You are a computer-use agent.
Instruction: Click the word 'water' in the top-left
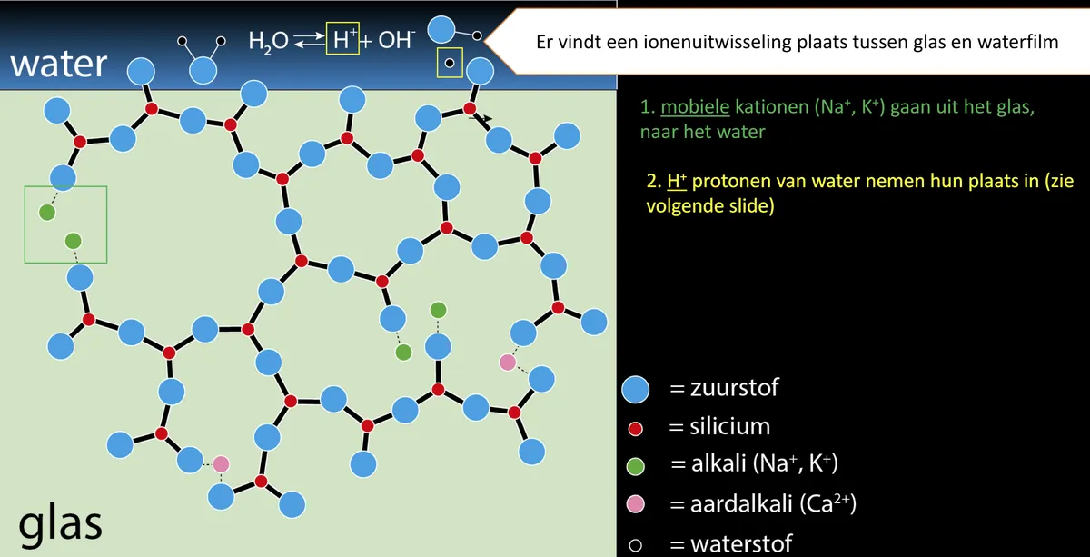[58, 64]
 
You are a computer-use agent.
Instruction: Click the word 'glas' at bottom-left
[60, 524]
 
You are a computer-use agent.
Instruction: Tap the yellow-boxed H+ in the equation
[342, 38]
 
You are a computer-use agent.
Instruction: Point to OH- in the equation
[397, 39]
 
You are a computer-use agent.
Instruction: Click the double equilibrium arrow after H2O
[309, 40]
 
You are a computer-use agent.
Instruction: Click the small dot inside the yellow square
[450, 63]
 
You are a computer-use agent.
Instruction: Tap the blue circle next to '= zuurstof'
[635, 390]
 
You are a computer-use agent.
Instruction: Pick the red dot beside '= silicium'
[635, 429]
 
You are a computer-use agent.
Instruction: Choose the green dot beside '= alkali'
[635, 466]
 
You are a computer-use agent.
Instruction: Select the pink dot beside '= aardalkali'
[635, 504]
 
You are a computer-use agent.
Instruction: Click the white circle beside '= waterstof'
[635, 545]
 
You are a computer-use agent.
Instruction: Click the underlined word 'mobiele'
[695, 106]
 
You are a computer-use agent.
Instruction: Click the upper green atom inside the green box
[47, 213]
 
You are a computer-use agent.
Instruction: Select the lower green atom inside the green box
[74, 241]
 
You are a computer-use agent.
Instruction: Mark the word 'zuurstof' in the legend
[734, 388]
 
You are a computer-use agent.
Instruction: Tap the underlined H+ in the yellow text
[677, 181]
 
